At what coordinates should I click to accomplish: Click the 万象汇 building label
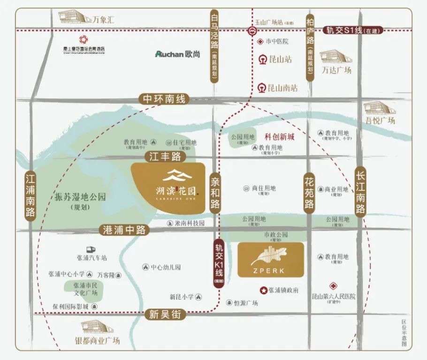pos(103,20)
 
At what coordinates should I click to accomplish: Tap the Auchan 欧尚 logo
pos(178,54)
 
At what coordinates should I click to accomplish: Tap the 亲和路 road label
pos(215,192)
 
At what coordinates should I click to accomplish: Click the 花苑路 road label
pos(309,192)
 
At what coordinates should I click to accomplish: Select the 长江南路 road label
pos(360,192)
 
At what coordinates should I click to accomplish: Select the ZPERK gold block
pos(271,260)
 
